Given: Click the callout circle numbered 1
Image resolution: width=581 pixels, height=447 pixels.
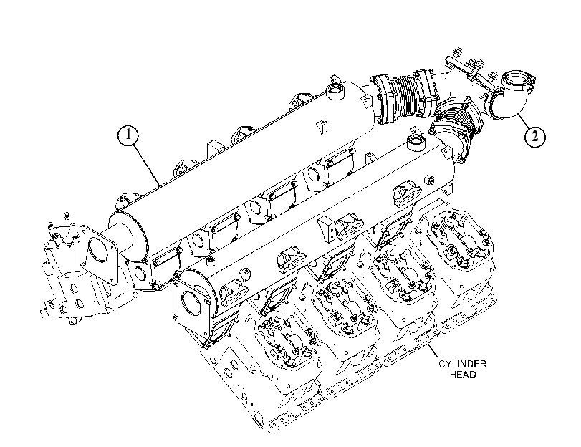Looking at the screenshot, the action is (x=128, y=135).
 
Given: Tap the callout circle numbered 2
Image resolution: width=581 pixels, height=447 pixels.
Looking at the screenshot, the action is (x=534, y=136).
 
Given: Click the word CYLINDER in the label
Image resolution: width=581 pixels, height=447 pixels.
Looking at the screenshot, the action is (x=462, y=364).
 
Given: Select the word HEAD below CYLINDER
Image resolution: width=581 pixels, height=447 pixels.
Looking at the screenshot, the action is (x=463, y=375).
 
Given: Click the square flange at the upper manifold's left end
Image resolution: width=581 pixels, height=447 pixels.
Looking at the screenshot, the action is (x=98, y=251).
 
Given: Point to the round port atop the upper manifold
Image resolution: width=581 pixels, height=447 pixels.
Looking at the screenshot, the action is (x=336, y=90).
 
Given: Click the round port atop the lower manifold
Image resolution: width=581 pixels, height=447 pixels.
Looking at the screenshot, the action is (x=416, y=143).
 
